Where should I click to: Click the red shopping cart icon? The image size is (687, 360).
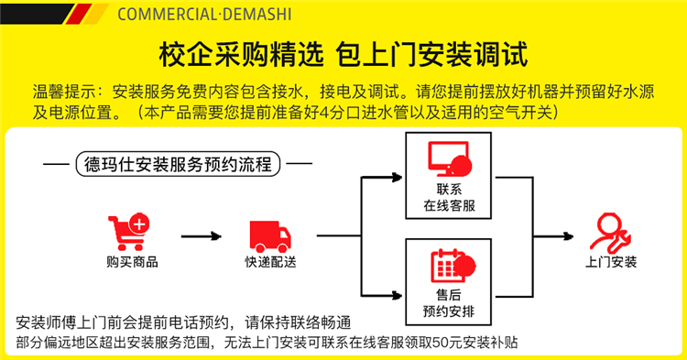[128, 232]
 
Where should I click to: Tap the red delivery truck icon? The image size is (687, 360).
[270, 236]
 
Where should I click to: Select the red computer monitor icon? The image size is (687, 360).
[450, 159]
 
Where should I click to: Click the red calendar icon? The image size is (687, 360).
[453, 266]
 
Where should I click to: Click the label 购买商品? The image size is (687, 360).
[132, 262]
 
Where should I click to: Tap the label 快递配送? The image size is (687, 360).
[270, 262]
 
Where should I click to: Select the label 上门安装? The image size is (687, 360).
[611, 262]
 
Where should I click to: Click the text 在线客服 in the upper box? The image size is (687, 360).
[449, 205]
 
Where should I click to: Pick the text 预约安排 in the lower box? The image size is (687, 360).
[449, 311]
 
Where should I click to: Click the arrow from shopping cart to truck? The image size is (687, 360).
[202, 236]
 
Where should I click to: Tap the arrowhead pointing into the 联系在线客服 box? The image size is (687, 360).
[397, 178]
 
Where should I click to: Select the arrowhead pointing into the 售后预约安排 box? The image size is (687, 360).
[397, 296]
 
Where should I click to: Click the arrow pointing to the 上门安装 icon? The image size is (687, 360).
[553, 236]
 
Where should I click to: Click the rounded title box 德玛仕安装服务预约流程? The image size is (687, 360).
[178, 164]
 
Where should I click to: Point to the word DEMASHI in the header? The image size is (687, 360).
[257, 14]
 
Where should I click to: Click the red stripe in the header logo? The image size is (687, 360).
[79, 14]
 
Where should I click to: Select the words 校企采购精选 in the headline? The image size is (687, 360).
[242, 55]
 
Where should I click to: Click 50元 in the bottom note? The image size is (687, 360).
[447, 342]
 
